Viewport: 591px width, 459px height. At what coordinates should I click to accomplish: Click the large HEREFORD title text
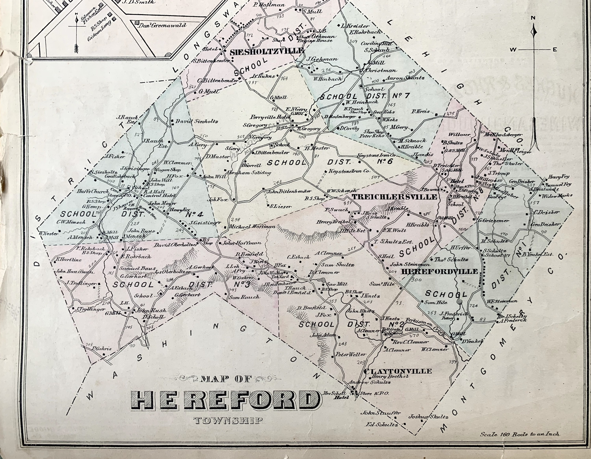pyautogui.click(x=225, y=400)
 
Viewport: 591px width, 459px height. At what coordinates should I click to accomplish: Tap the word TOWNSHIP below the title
pyautogui.click(x=228, y=421)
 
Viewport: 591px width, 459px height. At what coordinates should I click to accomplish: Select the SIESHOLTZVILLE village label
pyautogui.click(x=267, y=51)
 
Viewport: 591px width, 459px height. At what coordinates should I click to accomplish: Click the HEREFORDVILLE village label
pyautogui.click(x=440, y=271)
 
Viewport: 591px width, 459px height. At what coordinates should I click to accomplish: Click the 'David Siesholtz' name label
pyautogui.click(x=197, y=122)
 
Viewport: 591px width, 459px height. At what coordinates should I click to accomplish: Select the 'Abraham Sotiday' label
pyautogui.click(x=248, y=173)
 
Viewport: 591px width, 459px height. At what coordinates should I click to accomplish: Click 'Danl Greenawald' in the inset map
pyautogui.click(x=162, y=25)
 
